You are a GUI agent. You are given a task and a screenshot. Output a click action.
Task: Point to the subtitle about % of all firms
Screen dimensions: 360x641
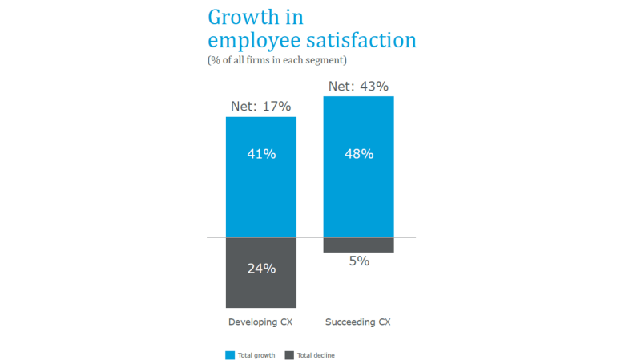click(x=276, y=60)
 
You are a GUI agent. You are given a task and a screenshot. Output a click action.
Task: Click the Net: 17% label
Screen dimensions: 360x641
click(x=260, y=106)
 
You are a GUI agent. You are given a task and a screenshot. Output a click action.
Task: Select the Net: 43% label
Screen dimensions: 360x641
click(x=358, y=86)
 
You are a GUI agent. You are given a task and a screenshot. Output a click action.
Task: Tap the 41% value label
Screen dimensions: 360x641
click(x=261, y=154)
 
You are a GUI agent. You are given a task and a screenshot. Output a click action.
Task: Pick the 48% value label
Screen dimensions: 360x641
click(x=359, y=154)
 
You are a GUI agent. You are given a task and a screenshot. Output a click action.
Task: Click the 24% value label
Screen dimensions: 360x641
click(x=261, y=269)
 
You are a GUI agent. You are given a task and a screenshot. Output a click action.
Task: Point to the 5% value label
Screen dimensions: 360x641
click(x=359, y=261)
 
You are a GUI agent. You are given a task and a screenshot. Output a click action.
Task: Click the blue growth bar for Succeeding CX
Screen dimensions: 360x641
click(x=359, y=200)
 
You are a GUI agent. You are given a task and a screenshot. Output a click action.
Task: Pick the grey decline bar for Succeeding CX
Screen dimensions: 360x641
click(x=359, y=245)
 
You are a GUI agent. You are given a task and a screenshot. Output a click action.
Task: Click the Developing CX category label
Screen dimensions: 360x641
click(x=261, y=322)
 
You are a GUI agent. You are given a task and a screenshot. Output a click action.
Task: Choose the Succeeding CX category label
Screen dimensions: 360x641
click(x=358, y=322)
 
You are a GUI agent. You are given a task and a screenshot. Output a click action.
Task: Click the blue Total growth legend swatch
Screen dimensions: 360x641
click(x=230, y=355)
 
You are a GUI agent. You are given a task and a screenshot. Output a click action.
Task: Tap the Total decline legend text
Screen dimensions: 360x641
click(x=316, y=355)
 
